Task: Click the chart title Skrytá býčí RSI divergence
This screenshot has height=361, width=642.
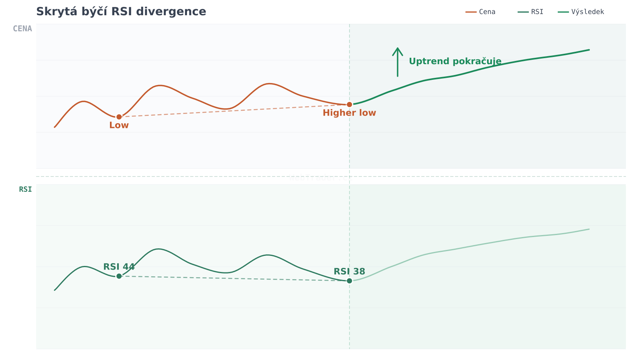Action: tap(121, 12)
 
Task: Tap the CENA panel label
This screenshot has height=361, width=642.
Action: tap(22, 29)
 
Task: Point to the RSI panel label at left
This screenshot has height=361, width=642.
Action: tap(25, 189)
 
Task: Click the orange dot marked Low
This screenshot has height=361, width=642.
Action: tap(119, 117)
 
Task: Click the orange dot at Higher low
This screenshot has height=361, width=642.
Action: tap(349, 105)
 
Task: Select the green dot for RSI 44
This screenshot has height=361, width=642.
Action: tap(119, 276)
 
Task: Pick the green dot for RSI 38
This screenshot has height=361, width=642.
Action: tap(349, 281)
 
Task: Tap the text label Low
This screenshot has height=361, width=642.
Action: tap(119, 125)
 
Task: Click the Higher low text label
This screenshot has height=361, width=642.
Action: tap(349, 113)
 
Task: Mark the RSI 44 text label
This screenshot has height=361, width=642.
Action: tap(119, 267)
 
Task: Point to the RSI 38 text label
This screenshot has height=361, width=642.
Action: tap(349, 272)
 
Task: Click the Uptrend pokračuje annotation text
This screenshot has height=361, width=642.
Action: tap(455, 61)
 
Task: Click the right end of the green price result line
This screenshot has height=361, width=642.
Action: tap(589, 50)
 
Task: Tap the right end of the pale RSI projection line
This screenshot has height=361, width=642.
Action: tap(589, 229)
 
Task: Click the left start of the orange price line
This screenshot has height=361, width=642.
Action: tap(55, 127)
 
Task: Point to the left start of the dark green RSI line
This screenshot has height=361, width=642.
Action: tap(55, 290)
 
